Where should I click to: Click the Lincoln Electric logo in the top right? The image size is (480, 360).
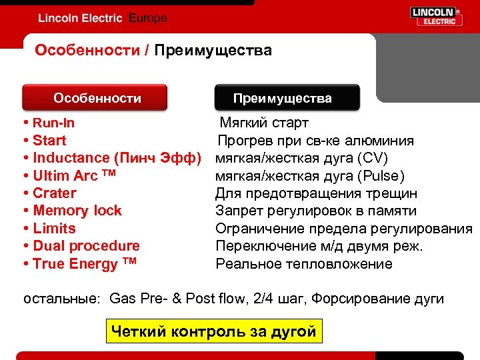436,17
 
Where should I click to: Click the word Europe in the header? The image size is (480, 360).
147,18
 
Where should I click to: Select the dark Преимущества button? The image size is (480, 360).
287,98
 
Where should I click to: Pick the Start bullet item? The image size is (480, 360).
49,140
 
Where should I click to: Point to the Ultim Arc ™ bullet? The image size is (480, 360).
74,175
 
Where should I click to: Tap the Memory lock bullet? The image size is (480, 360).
77,211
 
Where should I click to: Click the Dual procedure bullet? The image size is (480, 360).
85,246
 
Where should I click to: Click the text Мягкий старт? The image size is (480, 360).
265,123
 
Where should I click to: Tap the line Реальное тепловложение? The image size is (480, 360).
304,264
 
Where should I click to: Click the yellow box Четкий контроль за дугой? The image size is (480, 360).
214,331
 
